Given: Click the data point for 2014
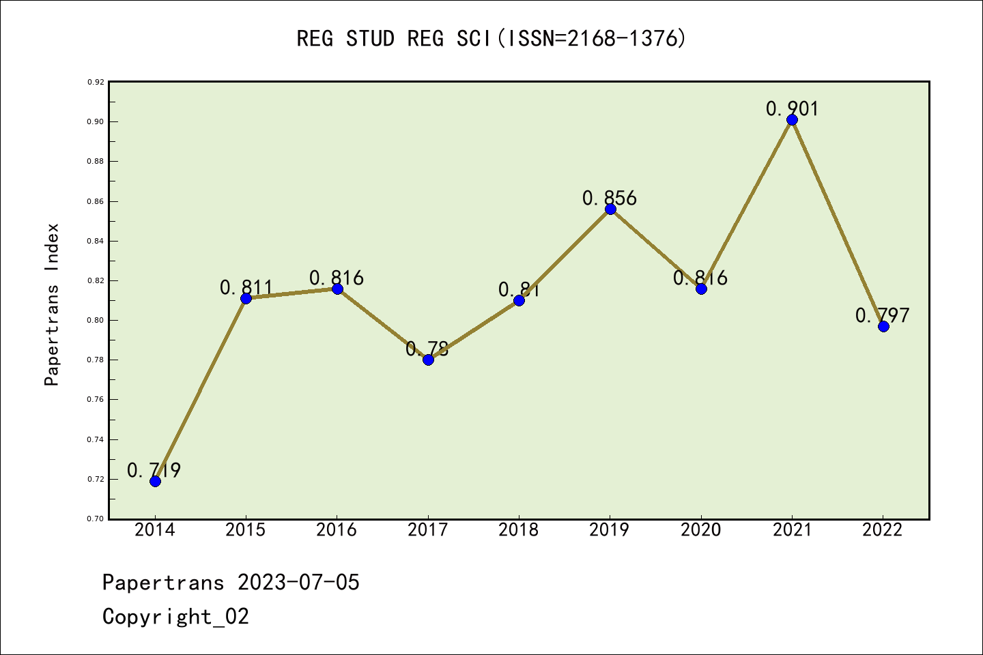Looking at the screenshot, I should pos(155,481).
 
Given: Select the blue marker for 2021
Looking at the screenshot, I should pos(792,120).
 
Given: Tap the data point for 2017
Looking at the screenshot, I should pos(428,360).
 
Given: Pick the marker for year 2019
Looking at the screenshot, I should pos(610,209).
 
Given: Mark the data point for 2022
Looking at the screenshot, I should pos(883,326).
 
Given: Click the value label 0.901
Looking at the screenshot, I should pos(792,108).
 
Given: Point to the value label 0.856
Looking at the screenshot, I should pos(610,198).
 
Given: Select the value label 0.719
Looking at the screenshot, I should pos(154,470).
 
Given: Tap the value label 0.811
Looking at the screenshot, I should pos(246,287).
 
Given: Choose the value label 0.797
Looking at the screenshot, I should pos(883,315).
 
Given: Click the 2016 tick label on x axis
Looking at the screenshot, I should pos(337,530).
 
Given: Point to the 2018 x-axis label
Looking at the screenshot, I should pos(519,530).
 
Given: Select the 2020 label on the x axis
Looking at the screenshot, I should pos(700,530).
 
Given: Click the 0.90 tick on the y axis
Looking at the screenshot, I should pos(96,121).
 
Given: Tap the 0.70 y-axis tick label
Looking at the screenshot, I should pos(96,519).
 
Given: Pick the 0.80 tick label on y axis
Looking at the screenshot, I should pos(96,320).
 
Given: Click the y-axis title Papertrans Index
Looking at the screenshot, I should pos(52,304).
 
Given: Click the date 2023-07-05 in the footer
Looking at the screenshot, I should pos(298,582).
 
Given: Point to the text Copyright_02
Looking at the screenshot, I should pos(176,616).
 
